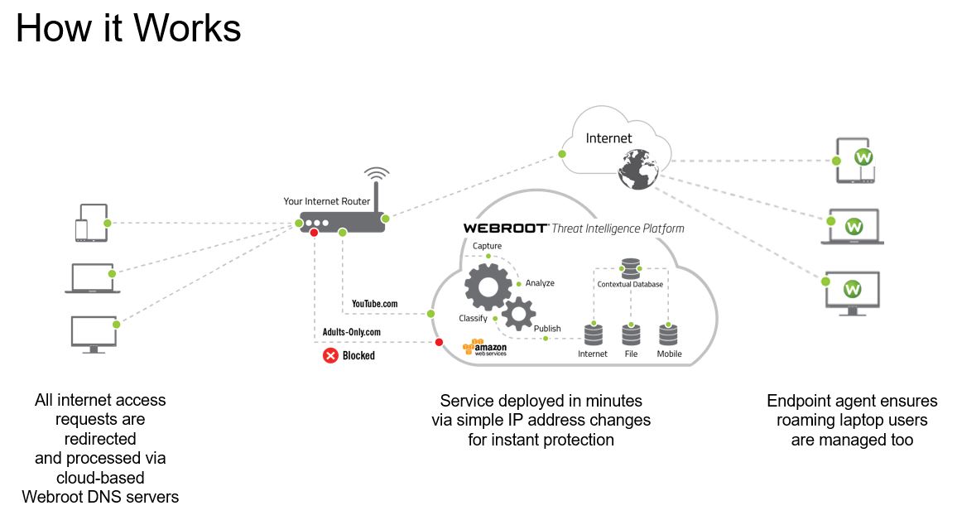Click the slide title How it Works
tap(128, 28)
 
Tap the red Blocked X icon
tap(330, 355)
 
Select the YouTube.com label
tap(374, 304)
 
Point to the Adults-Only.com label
tap(352, 332)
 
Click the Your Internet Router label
tap(327, 201)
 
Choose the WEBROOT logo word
tap(505, 228)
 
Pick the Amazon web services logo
tap(484, 348)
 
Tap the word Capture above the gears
tap(487, 246)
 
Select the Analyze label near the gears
tap(540, 283)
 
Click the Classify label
tap(473, 318)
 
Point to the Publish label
tap(547, 329)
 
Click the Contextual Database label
tap(630, 284)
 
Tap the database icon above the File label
tap(631, 335)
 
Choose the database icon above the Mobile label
tap(669, 335)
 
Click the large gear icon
tap(488, 286)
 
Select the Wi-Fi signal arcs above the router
tap(377, 175)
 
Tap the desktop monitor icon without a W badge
tap(93, 335)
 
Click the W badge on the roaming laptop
tap(854, 224)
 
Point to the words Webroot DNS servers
tap(100, 497)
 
